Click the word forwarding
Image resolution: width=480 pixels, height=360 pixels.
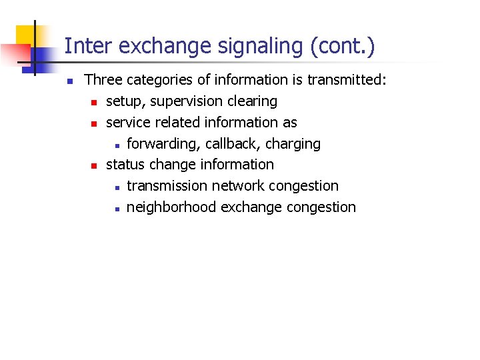163,144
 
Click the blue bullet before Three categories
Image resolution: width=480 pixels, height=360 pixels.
69,81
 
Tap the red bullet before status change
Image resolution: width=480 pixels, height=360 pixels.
94,165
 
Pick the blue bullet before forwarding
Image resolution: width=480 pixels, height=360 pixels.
115,145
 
